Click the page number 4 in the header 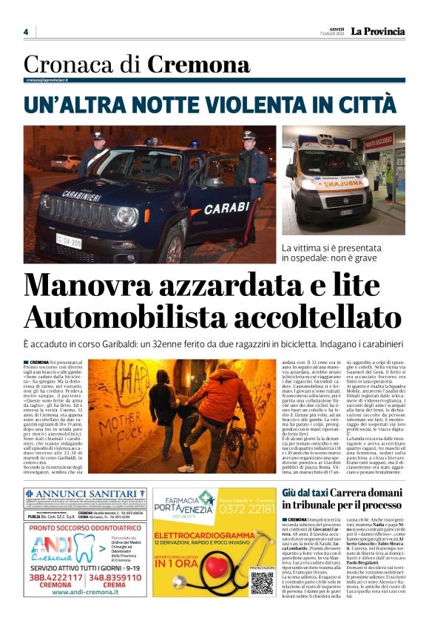(26, 32)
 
